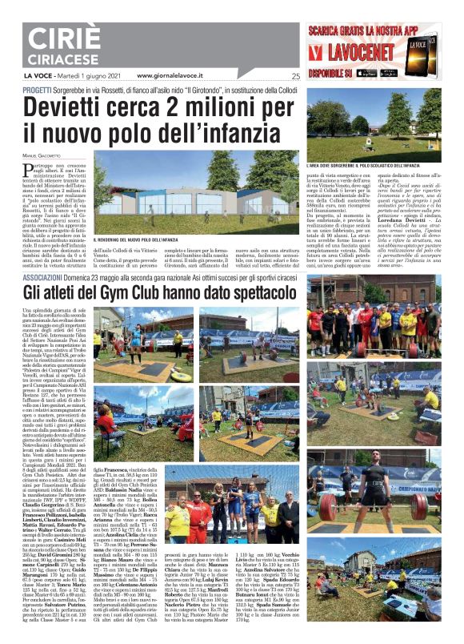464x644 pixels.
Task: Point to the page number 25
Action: pos(295,76)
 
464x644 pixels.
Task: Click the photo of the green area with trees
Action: pos(374,124)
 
